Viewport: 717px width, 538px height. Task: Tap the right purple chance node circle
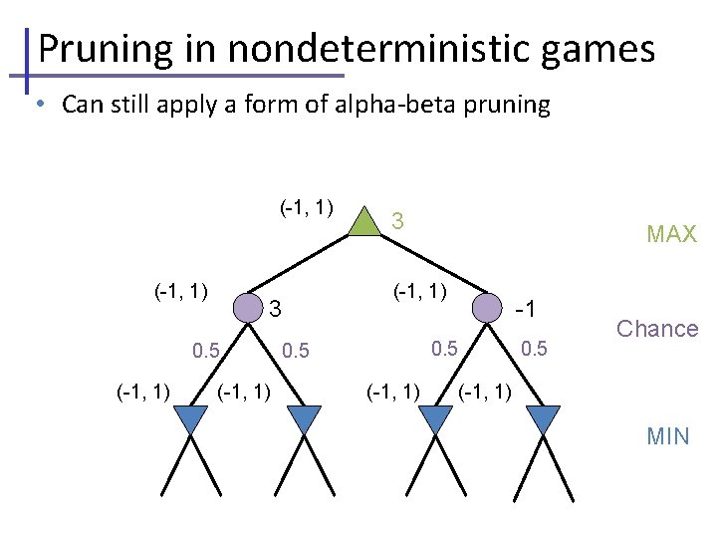(486, 307)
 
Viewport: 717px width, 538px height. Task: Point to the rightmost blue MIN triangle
(544, 419)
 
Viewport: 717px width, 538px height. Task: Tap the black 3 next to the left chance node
(278, 309)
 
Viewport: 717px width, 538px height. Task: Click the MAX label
(671, 235)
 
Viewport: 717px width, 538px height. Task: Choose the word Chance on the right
(657, 329)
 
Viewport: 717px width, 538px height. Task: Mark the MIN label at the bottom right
(667, 436)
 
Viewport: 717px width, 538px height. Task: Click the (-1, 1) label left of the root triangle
(306, 208)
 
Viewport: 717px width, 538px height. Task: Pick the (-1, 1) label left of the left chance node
(180, 291)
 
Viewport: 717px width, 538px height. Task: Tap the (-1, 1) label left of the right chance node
(420, 291)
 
